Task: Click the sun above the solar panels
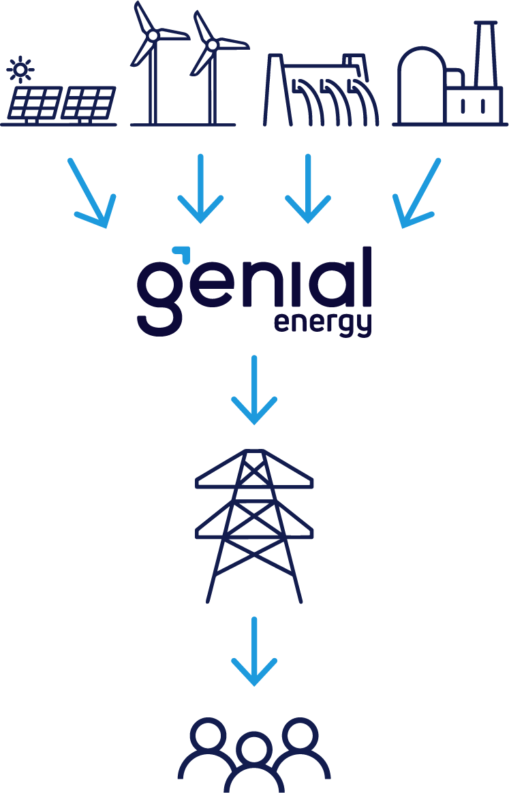click(22, 69)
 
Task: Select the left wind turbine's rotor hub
click(153, 34)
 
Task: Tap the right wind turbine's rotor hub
click(211, 45)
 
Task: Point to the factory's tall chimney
click(484, 55)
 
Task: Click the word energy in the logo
click(323, 322)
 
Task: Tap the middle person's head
click(253, 748)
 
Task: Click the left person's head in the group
click(208, 734)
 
